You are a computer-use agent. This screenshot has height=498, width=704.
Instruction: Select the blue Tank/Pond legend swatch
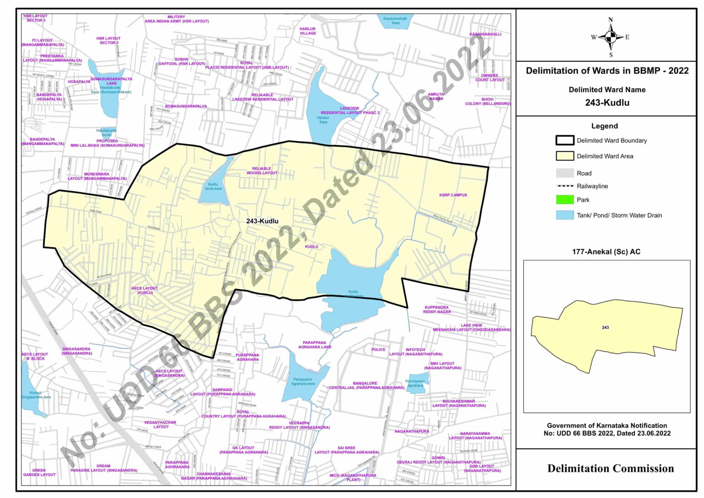pyautogui.click(x=565, y=215)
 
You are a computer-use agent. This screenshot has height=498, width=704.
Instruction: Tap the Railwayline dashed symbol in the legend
pyautogui.click(x=565, y=186)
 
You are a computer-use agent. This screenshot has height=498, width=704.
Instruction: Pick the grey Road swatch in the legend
pyautogui.click(x=565, y=173)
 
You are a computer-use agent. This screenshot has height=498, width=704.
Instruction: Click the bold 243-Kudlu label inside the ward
pyautogui.click(x=262, y=221)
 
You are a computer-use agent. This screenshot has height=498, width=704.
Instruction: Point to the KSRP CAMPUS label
pyautogui.click(x=453, y=195)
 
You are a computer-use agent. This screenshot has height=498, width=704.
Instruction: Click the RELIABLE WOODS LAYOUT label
pyautogui.click(x=262, y=171)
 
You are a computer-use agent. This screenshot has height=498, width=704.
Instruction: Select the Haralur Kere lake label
pyautogui.click(x=323, y=120)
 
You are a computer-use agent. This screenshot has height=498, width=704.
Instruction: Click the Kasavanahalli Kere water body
pyautogui.click(x=395, y=21)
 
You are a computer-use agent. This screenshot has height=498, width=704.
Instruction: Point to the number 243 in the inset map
pyautogui.click(x=605, y=327)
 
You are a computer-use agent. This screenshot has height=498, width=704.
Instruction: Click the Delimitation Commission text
pyautogui.click(x=610, y=468)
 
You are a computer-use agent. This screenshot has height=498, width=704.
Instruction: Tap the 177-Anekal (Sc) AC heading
pyautogui.click(x=606, y=252)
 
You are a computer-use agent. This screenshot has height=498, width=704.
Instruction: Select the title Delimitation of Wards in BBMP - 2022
pyautogui.click(x=607, y=71)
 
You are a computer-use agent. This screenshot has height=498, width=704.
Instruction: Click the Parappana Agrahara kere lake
pyautogui.click(x=303, y=382)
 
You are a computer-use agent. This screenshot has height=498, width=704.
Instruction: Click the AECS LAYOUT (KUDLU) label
pyautogui.click(x=144, y=290)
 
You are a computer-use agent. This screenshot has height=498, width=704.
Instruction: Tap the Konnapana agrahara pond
pyautogui.click(x=415, y=383)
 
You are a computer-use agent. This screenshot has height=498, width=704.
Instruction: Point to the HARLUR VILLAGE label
pyautogui.click(x=308, y=31)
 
